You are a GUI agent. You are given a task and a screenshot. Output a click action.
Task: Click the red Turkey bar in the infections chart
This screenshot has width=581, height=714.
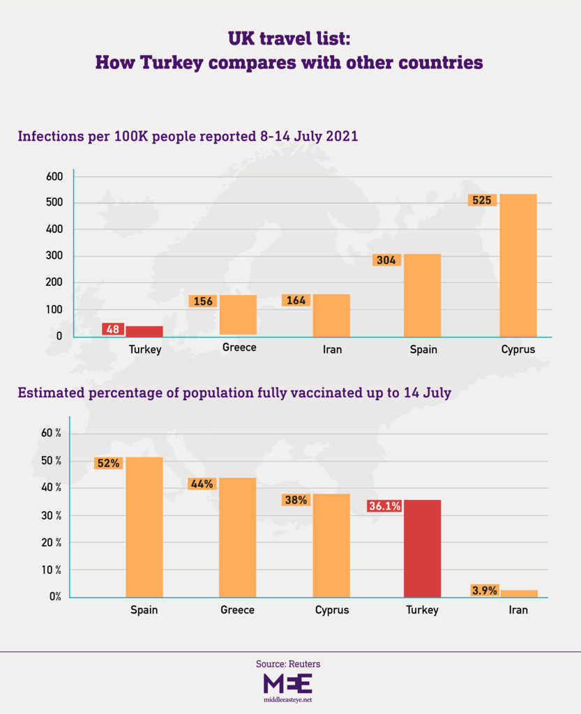(144, 331)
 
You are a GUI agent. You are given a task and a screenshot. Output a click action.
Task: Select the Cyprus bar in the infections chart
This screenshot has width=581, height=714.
(518, 266)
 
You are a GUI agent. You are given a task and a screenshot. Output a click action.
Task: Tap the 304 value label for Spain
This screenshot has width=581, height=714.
(386, 260)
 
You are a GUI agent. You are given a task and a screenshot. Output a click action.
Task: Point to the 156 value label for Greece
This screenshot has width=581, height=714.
(203, 301)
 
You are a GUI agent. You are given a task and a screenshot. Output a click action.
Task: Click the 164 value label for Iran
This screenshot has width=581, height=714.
(296, 301)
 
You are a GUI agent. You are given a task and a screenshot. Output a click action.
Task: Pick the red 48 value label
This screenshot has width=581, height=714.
(113, 329)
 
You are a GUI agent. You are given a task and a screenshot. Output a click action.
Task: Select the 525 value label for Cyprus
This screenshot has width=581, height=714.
(481, 200)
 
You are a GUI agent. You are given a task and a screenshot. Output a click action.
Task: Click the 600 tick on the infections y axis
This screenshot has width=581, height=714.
(54, 176)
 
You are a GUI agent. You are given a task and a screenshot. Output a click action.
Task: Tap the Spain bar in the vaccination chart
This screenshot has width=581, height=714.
(144, 527)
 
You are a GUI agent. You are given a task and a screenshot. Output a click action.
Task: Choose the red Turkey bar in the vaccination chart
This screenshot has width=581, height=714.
(422, 549)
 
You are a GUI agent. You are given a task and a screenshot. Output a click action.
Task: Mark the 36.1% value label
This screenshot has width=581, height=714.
(384, 506)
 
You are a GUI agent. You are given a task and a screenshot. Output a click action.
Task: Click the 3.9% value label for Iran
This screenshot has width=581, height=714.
(484, 591)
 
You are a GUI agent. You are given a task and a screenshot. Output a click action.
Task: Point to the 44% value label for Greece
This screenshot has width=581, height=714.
(202, 483)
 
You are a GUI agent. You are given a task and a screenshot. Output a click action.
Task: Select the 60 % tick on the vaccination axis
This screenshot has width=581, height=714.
(52, 433)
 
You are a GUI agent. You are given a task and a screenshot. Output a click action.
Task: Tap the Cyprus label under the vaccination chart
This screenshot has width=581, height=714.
(331, 610)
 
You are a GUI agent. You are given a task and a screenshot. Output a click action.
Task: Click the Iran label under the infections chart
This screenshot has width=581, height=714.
(332, 349)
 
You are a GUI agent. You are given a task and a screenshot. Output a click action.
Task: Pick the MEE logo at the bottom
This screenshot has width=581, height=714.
(288, 682)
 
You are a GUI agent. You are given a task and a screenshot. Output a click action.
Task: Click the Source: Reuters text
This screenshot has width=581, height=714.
(288, 664)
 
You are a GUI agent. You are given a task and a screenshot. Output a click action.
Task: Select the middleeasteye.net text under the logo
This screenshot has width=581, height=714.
(288, 698)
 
